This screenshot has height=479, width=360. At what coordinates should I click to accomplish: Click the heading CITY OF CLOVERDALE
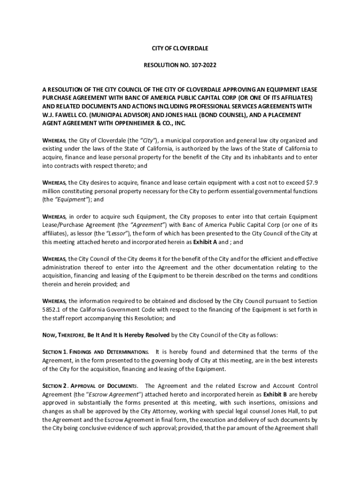[180, 48]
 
